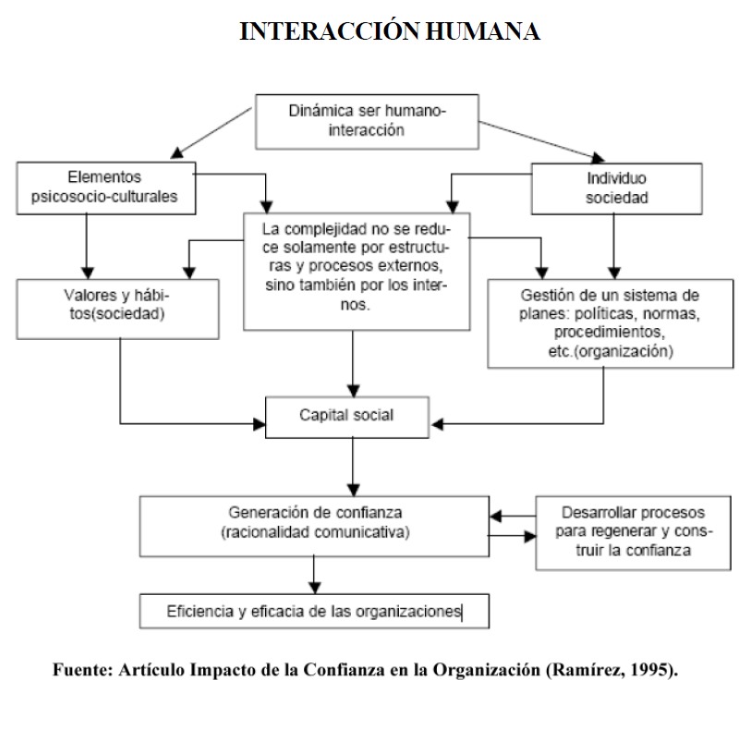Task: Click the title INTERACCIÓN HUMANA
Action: [x=389, y=32]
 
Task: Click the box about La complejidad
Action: [x=356, y=270]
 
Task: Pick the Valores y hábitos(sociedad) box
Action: [x=119, y=306]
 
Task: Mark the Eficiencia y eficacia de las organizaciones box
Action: [x=315, y=611]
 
